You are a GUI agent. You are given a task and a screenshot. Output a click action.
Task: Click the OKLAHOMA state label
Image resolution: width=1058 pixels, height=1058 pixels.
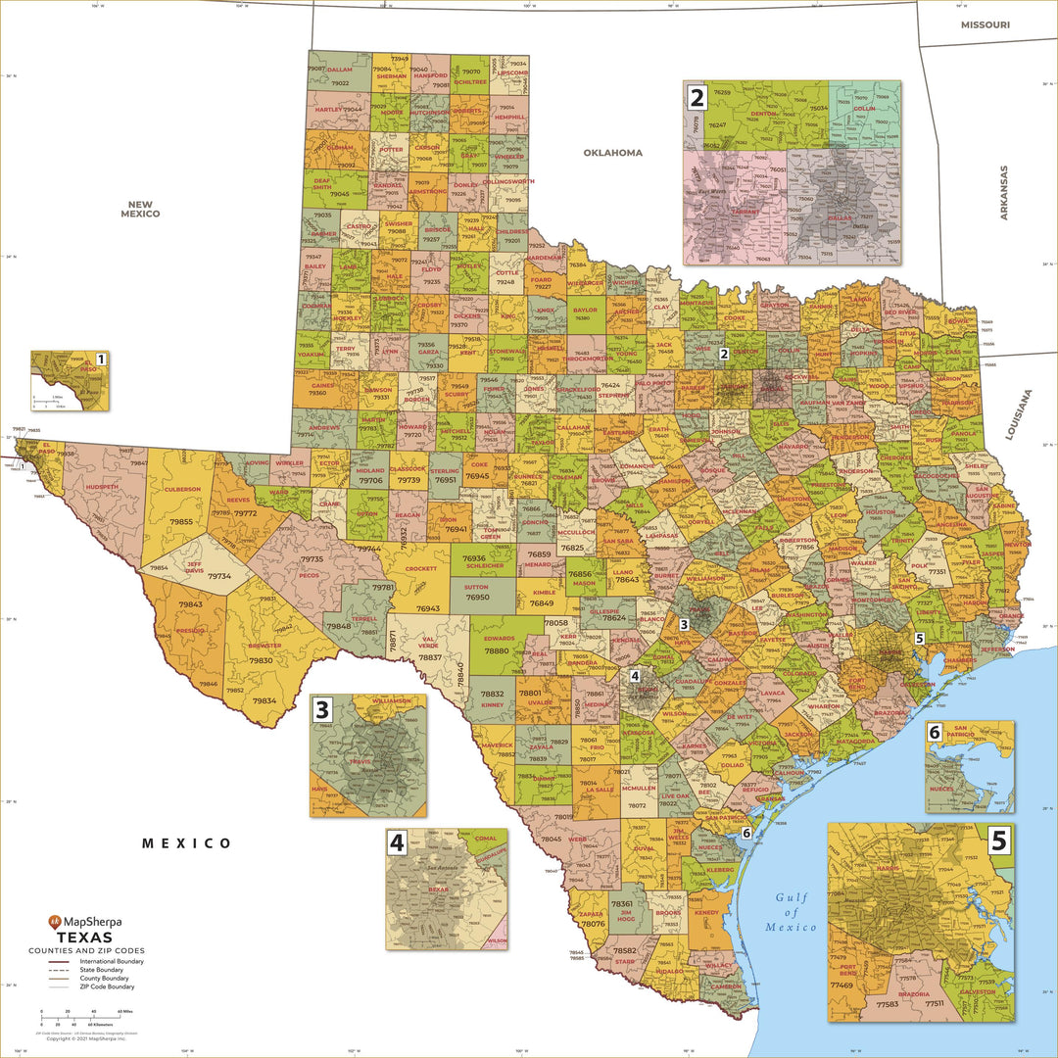tap(613, 153)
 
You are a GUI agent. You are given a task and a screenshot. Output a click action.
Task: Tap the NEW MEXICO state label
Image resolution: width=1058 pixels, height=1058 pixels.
tap(141, 209)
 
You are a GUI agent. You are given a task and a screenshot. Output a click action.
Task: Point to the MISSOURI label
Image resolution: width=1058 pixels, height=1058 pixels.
tap(986, 24)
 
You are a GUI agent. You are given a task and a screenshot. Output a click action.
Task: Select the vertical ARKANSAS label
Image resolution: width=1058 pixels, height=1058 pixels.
tap(1003, 192)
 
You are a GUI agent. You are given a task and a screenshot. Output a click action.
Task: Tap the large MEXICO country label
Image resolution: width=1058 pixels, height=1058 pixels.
tap(186, 843)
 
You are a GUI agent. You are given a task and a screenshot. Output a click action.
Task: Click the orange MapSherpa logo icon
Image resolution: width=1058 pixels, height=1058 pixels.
tap(55, 922)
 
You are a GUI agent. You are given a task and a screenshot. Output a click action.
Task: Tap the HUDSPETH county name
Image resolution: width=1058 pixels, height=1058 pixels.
tap(102, 487)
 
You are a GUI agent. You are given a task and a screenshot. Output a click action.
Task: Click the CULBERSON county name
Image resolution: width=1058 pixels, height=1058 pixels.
tap(181, 489)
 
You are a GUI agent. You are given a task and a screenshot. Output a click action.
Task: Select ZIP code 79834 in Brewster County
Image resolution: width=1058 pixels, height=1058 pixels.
tap(264, 701)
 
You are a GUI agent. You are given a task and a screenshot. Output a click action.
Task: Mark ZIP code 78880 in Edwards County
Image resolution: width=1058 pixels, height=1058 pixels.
tap(497, 651)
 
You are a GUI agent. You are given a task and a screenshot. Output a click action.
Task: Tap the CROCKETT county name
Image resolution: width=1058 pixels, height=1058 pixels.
tap(420, 568)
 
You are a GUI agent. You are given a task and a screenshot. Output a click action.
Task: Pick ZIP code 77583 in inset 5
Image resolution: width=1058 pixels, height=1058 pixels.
tap(888, 1004)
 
